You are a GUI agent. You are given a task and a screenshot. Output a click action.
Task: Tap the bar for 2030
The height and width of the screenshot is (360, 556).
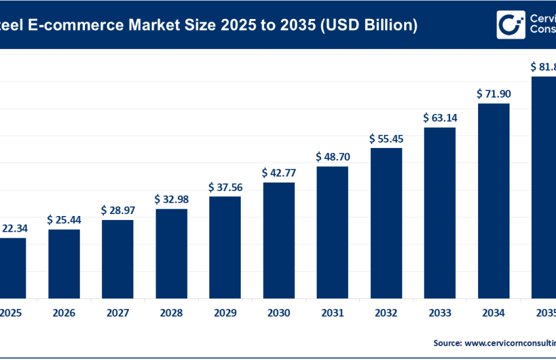tap(279, 240)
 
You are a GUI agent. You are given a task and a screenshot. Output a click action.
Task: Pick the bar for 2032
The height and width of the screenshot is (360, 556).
tap(386, 223)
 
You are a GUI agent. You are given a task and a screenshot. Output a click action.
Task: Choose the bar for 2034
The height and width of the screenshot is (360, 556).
tap(493, 200)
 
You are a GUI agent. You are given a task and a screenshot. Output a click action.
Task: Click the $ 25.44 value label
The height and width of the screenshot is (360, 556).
tap(64, 220)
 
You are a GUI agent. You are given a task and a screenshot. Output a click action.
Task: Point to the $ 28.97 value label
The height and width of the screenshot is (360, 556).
tap(118, 211)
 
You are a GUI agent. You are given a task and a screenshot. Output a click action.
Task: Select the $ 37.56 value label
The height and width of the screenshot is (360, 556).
tap(225, 187)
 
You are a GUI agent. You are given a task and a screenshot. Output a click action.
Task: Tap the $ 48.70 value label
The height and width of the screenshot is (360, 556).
tap(332, 157)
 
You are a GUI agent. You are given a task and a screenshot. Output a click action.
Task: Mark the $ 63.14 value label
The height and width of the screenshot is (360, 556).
tap(440, 118)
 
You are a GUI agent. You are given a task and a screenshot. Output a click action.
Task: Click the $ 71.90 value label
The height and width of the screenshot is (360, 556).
tap(493, 94)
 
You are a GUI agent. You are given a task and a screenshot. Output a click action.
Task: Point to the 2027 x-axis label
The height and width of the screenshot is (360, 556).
tap(118, 314)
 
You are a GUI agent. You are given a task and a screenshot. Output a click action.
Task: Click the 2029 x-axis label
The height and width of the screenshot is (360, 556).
tap(225, 314)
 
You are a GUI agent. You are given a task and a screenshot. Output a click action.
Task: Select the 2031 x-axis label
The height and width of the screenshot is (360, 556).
tap(332, 314)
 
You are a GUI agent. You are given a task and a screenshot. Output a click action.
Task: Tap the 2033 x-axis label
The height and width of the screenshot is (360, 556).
tap(440, 314)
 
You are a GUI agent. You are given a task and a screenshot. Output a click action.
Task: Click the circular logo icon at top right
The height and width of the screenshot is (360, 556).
tap(508, 24)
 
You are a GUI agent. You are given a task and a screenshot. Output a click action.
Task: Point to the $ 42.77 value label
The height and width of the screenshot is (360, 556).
tap(279, 173)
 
